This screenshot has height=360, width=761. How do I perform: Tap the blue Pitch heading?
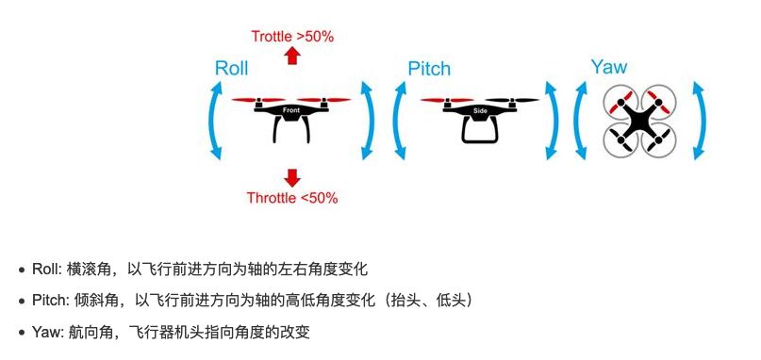coord(429,68)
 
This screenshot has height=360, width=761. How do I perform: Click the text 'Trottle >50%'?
coord(292,37)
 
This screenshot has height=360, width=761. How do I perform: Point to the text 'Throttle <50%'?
coord(292,198)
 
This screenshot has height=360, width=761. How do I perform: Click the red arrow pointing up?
coord(292,57)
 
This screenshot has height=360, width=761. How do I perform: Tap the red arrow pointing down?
coord(292,176)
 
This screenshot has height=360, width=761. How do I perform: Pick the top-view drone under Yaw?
coord(641,120)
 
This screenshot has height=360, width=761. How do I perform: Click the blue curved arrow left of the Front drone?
coord(216,120)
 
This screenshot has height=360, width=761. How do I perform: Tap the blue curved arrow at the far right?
coord(699,120)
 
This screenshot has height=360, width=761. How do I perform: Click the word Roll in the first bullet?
coord(45,270)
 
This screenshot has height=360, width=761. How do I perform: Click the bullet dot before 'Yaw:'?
coord(21,333)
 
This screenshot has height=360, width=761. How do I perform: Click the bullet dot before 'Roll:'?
coord(21,270)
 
